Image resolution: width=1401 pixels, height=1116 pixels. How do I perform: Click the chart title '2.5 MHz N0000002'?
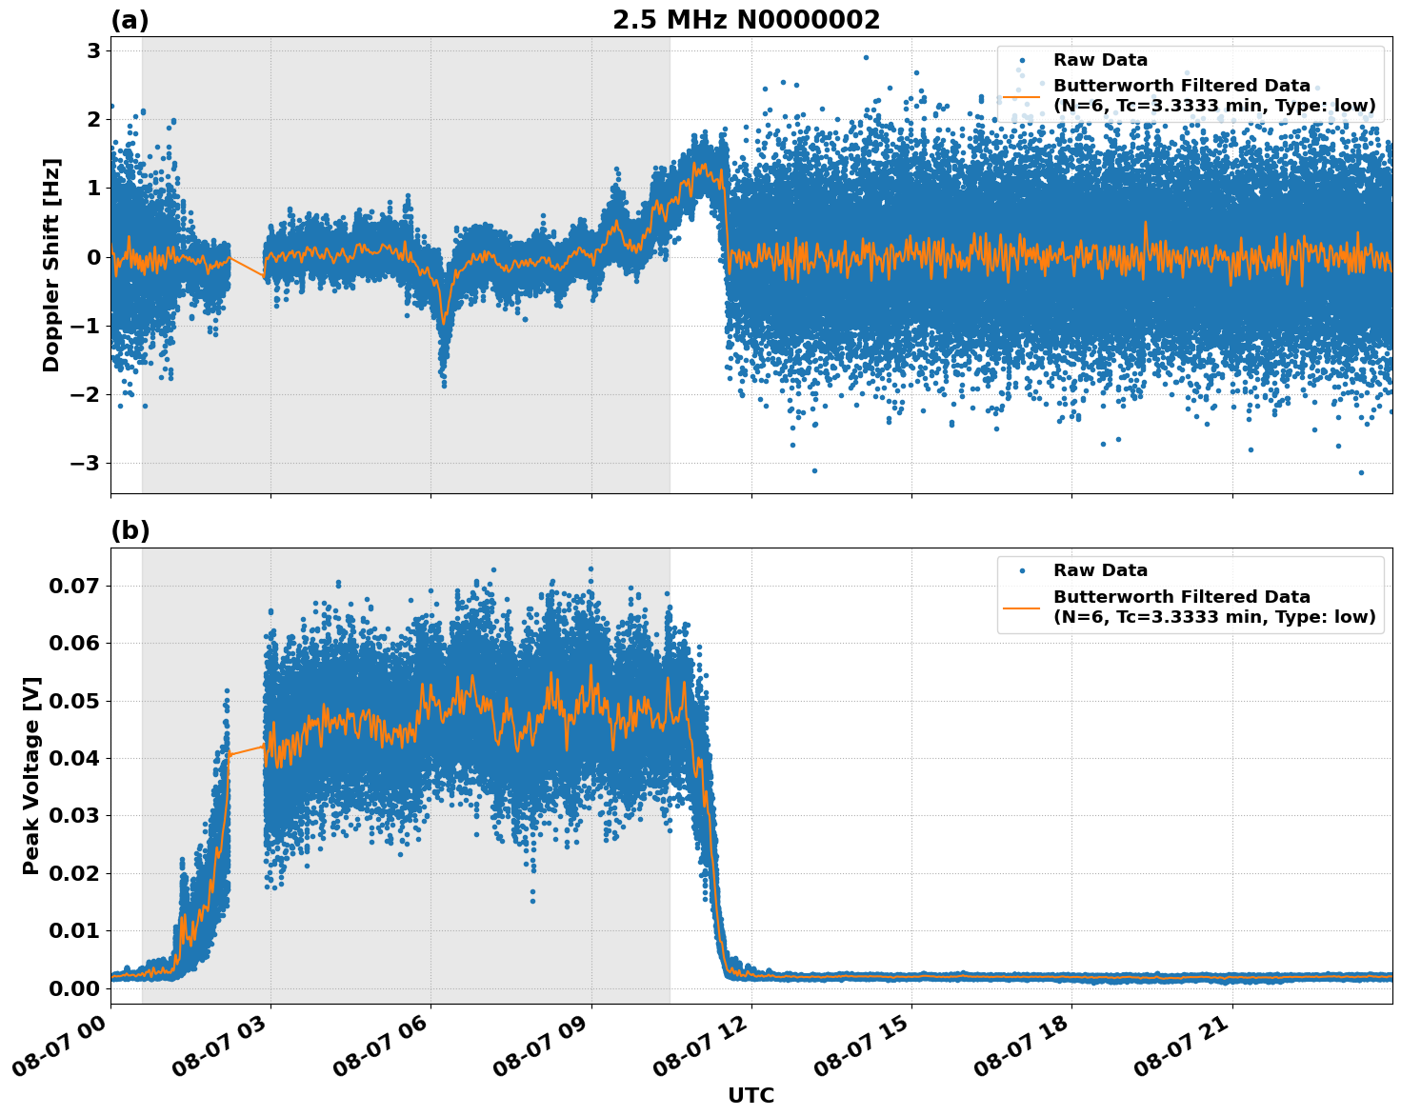[746, 20]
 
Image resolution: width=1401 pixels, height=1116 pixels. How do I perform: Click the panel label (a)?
[130, 20]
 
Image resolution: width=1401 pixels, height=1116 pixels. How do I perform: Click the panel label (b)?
[130, 531]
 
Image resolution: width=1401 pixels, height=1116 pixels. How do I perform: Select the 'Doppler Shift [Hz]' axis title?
[51, 265]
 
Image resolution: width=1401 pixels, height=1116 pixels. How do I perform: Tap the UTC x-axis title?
[751, 1095]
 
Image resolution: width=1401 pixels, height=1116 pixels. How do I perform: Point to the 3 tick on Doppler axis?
[94, 50]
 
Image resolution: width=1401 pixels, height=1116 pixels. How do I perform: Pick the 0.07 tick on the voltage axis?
[74, 586]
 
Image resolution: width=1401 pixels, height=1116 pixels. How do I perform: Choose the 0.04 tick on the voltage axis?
[74, 758]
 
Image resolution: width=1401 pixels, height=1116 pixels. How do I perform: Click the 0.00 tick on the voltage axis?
[74, 987]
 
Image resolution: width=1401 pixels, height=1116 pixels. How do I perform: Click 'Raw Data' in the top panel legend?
[1100, 61]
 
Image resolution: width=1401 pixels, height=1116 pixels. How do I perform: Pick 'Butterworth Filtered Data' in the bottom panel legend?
[1181, 597]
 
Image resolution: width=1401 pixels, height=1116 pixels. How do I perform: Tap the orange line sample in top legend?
[1021, 96]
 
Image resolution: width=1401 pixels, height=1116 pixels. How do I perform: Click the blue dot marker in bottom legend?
[1021, 571]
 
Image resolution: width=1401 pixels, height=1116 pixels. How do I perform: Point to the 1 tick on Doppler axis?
[94, 188]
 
